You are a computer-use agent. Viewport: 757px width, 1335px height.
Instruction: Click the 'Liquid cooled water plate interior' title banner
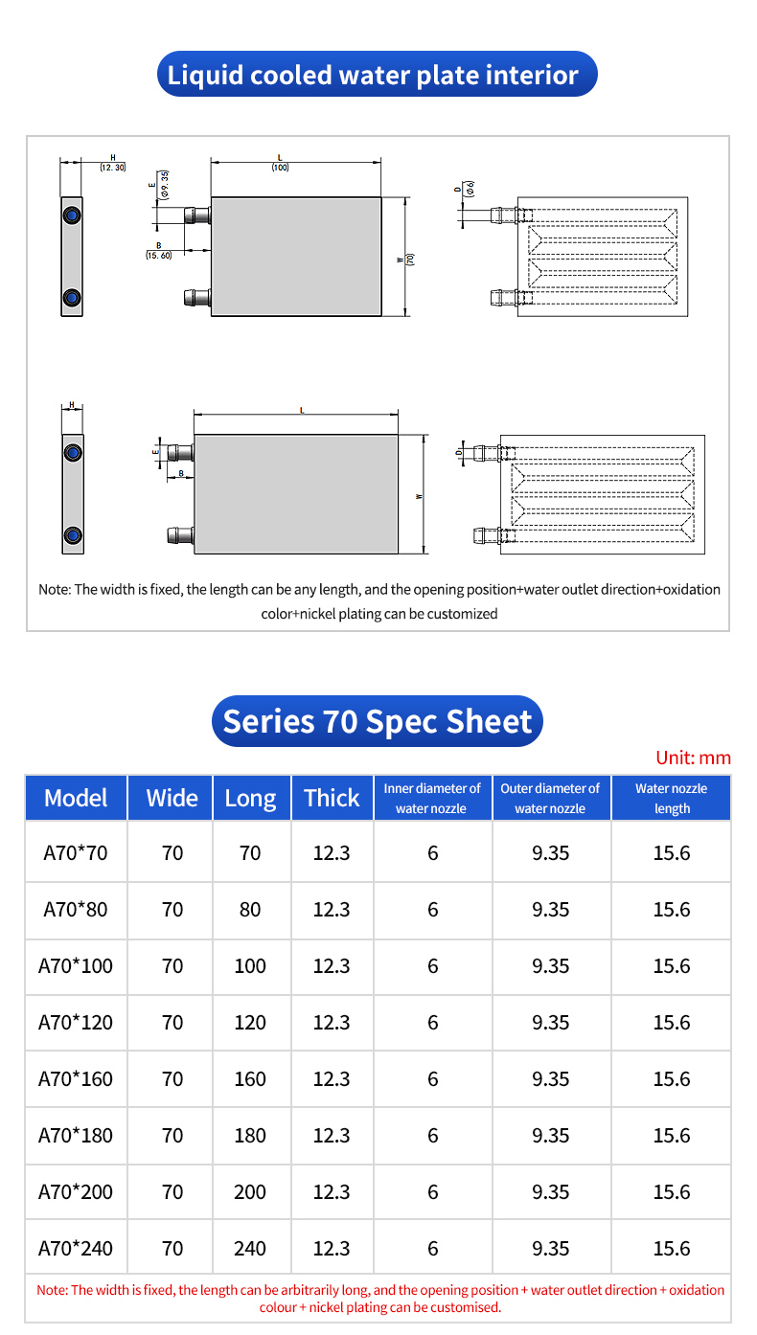(377, 75)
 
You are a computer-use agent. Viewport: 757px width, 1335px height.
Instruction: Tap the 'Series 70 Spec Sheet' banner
(377, 721)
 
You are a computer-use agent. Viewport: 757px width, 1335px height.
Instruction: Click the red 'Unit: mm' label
(693, 758)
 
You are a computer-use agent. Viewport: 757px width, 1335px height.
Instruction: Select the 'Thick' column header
(332, 798)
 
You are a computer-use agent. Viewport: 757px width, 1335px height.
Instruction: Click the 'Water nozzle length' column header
(671, 798)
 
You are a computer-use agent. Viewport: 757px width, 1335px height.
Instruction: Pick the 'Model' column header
(76, 798)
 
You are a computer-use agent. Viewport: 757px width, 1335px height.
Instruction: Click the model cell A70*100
(76, 965)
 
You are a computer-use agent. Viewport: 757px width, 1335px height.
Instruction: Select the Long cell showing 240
(250, 1248)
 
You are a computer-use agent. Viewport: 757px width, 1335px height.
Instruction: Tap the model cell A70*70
(76, 852)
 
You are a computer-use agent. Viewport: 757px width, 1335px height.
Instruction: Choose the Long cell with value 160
(250, 1078)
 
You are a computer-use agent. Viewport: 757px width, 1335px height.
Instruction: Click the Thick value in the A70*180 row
(332, 1135)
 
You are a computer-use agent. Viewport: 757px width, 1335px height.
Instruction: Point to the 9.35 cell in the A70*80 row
(550, 909)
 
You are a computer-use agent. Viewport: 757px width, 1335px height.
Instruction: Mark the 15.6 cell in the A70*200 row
(671, 1191)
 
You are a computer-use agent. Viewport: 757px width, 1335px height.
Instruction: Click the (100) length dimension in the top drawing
(280, 168)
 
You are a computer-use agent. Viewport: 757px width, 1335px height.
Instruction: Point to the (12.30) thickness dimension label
(112, 167)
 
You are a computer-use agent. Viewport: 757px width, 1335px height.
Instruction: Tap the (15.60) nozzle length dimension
(158, 255)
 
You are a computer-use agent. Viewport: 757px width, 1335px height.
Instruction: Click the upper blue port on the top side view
(71, 215)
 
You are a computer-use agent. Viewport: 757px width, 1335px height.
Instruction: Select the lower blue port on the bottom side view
(72, 534)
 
